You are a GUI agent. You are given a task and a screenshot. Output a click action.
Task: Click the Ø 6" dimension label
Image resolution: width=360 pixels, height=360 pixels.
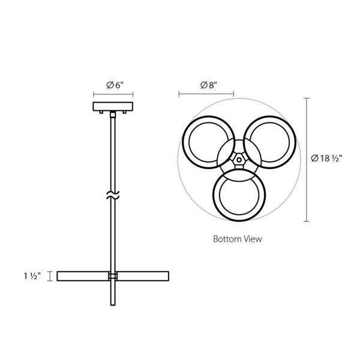point(115,85)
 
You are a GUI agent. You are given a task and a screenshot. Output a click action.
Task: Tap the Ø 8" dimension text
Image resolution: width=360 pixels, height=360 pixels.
point(209,85)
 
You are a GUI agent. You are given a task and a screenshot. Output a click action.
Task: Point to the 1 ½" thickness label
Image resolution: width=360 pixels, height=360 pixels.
point(32,276)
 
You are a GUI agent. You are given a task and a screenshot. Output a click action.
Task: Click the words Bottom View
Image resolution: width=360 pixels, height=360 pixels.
point(238,239)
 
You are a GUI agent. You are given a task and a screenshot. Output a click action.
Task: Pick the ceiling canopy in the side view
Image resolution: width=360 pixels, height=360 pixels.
point(113,107)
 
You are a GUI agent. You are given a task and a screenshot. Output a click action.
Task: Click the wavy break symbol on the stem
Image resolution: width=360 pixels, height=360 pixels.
point(113,195)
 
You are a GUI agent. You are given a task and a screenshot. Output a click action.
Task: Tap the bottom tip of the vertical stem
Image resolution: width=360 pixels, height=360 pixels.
point(113,305)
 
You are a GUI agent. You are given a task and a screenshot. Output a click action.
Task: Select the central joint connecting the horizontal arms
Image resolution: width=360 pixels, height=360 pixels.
point(113,276)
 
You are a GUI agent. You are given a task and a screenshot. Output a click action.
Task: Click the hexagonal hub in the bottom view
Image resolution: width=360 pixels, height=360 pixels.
point(239,160)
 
